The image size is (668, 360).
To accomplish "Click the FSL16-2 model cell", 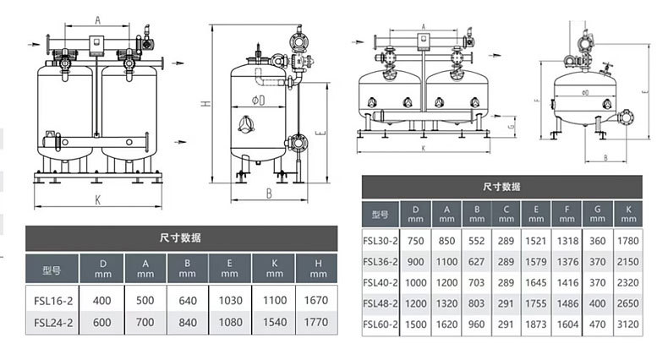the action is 53,301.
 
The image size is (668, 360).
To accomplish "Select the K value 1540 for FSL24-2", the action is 275,322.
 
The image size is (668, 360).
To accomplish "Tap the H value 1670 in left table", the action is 316,301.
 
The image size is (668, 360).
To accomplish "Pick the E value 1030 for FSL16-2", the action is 231,301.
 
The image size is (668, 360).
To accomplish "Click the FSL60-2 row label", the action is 380,325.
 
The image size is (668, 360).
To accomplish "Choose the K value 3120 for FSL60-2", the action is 628,325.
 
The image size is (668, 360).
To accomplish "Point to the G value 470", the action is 597,325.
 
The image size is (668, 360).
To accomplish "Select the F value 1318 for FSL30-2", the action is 567,241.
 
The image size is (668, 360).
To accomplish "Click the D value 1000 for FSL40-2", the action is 415,282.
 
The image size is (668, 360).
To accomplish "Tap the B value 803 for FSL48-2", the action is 476,303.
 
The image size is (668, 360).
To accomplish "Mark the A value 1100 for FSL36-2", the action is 446,262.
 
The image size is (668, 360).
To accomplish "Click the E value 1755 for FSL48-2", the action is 535,303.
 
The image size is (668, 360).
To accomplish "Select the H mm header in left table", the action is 318,269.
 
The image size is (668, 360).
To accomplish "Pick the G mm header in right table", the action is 597,214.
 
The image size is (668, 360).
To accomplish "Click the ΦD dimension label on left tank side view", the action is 258,101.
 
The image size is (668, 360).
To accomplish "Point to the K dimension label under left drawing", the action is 97,200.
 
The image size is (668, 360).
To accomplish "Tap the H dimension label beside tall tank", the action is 206,103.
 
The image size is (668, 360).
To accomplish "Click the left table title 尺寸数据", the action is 180,237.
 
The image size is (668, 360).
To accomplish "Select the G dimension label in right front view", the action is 512,126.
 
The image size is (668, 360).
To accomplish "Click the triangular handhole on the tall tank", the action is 246,124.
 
